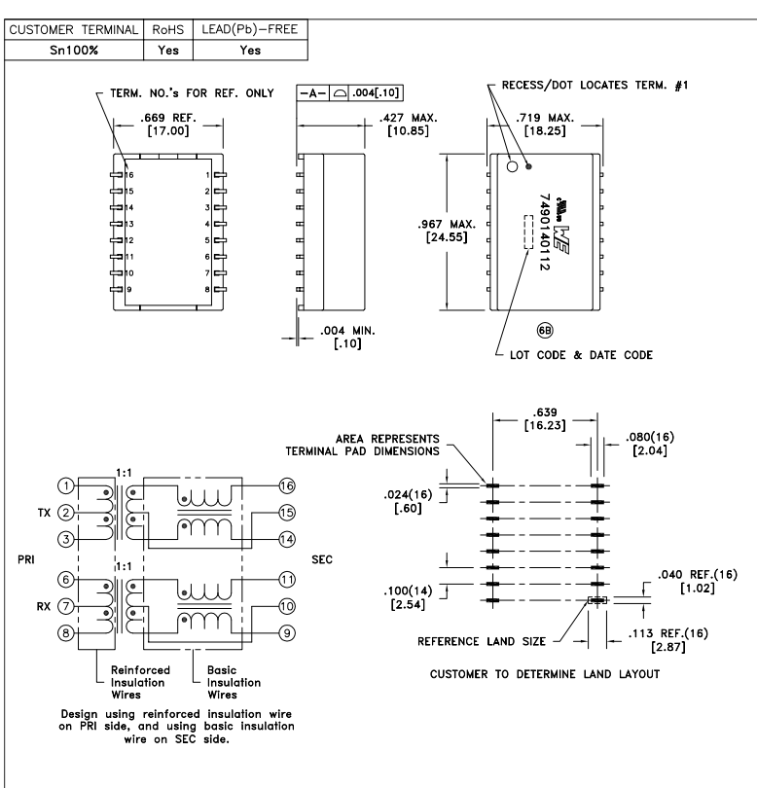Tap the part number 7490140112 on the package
pyautogui.click(x=545, y=230)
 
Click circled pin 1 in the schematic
pyautogui.click(x=63, y=485)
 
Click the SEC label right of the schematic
pyautogui.click(x=321, y=560)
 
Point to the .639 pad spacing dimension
pyautogui.click(x=542, y=419)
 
